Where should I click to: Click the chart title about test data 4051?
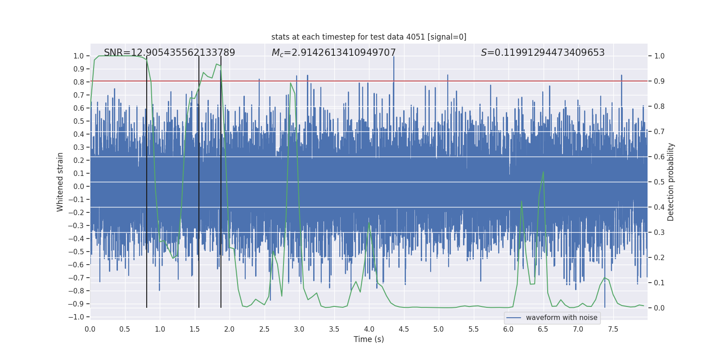tap(369, 37)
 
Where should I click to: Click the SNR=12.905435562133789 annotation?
tap(169, 53)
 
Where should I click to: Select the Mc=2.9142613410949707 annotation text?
tap(333, 53)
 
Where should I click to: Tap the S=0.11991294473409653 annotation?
tap(543, 53)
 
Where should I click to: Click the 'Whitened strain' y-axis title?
tap(60, 182)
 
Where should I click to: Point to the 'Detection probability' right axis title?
tap(671, 182)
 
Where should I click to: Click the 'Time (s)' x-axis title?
tap(369, 339)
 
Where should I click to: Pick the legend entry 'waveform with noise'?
tap(561, 318)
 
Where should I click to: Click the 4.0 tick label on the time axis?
tap(369, 329)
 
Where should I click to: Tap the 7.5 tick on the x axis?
tap(613, 329)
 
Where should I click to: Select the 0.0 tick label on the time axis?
tap(90, 329)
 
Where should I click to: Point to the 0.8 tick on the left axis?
tap(79, 82)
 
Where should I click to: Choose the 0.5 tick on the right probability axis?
tap(659, 182)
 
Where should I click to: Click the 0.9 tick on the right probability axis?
tap(659, 81)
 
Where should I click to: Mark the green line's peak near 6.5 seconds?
tap(543, 172)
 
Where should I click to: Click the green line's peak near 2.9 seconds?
tap(291, 83)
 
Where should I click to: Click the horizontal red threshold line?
tap(450, 81)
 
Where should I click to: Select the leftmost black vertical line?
tap(147, 225)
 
